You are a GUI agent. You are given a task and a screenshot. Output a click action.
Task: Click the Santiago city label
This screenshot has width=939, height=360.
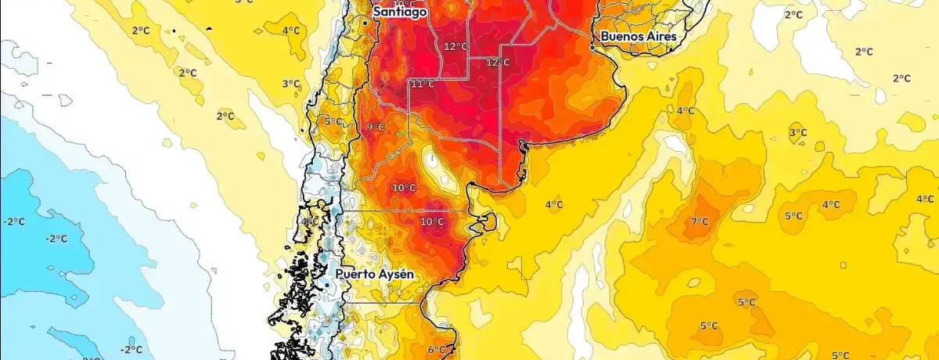[399, 13]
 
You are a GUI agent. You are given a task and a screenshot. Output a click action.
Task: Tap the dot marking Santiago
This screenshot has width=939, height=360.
[365, 23]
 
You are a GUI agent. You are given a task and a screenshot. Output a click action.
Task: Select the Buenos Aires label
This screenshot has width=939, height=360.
[639, 37]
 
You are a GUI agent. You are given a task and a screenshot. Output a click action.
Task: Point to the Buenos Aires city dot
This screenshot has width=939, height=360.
[592, 48]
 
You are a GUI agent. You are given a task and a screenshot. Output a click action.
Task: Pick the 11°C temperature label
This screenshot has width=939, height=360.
[423, 84]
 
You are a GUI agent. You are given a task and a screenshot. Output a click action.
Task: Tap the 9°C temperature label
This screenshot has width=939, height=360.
[376, 127]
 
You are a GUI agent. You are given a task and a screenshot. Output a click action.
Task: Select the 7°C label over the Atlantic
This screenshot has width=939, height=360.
[699, 221]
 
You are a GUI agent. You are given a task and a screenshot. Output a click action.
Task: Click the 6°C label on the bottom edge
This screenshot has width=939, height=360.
[437, 350]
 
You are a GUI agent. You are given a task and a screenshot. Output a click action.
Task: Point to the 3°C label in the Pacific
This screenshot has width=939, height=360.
[291, 84]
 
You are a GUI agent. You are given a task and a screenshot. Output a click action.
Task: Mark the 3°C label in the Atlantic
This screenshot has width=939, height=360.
[797, 132]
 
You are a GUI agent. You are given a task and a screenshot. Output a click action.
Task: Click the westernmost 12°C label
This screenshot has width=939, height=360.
[455, 46]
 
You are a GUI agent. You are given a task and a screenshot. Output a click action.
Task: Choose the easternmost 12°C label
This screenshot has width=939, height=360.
[498, 62]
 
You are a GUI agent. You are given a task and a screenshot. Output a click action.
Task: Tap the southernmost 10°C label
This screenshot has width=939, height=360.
[431, 222]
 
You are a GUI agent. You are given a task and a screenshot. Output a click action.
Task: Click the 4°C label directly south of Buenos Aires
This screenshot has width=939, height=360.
[685, 110]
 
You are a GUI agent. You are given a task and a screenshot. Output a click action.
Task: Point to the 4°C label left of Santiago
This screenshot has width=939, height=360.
[291, 31]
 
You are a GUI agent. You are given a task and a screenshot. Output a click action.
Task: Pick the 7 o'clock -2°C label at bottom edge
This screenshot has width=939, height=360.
[131, 349]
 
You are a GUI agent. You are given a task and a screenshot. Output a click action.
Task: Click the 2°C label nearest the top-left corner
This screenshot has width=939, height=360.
[141, 31]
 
